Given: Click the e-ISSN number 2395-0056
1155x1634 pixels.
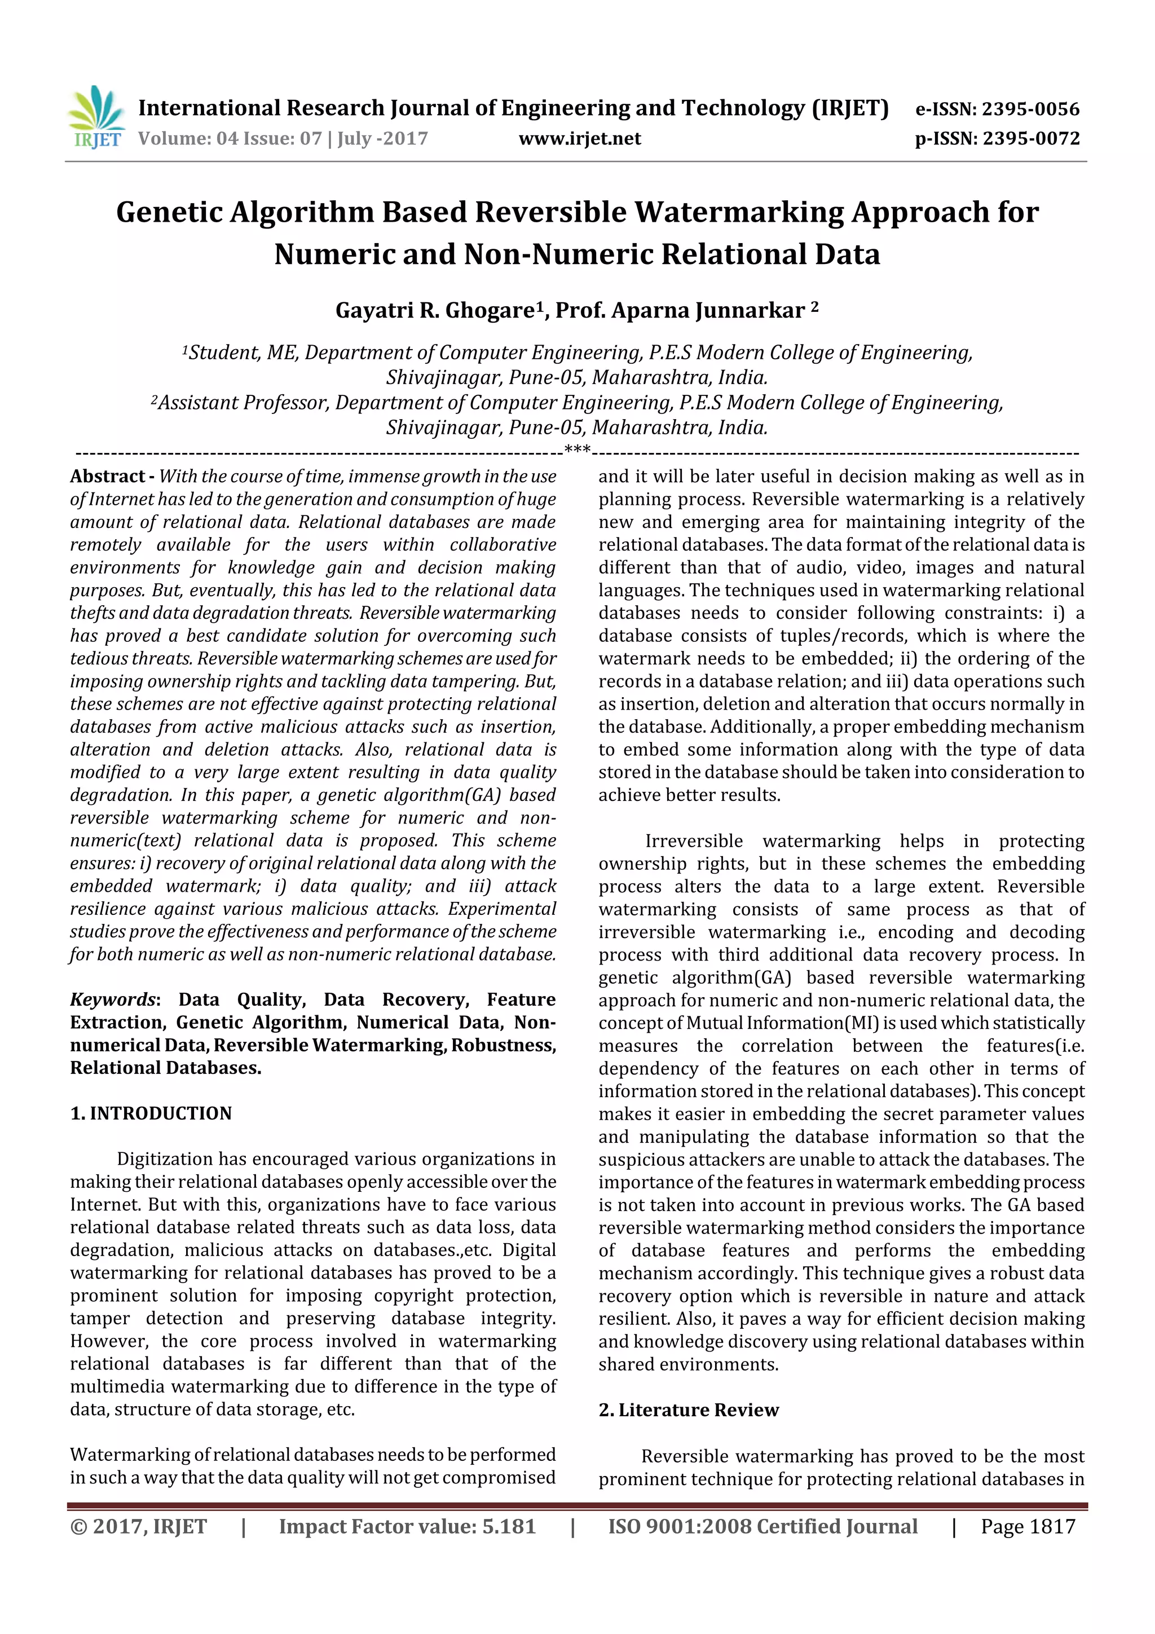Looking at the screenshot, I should click(x=1030, y=109).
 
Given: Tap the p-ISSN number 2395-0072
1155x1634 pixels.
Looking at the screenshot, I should click(x=1030, y=139).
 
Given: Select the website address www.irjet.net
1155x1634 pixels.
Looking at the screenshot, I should click(x=579, y=139).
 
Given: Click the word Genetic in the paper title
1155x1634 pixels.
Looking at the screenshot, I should click(x=169, y=213).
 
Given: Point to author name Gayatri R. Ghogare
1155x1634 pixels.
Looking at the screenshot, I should click(x=435, y=311).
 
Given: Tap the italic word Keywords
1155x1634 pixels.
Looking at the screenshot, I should click(x=112, y=1000).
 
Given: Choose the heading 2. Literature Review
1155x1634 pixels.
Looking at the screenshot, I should click(x=688, y=1410).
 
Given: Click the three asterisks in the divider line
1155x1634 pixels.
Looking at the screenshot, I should click(x=576, y=450).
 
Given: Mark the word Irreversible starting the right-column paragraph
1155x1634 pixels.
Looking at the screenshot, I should click(x=693, y=841).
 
